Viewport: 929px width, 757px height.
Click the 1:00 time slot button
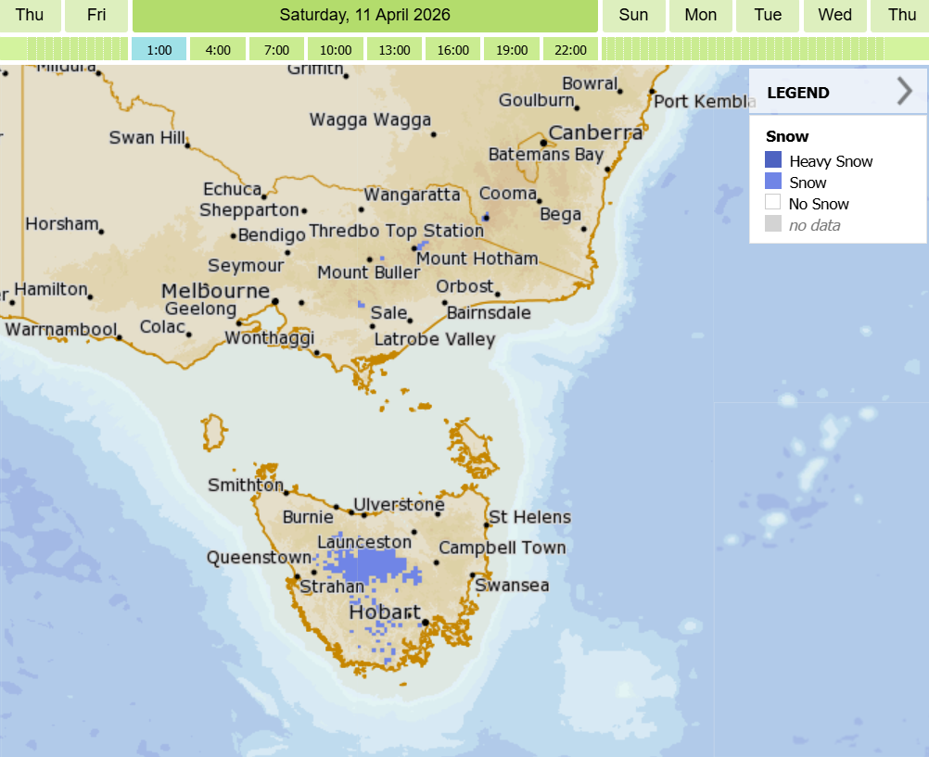pos(159,49)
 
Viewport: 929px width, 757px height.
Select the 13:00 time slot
pos(394,49)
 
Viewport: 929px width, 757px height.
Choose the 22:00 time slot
pos(570,49)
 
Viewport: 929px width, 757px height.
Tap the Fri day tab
pos(96,15)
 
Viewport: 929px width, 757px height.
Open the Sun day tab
pos(633,15)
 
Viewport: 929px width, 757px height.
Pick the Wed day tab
pos(835,15)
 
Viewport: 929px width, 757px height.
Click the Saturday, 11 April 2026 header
pos(364,15)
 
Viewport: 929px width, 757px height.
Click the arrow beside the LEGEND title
pos(905,92)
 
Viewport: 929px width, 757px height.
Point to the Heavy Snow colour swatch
pos(773,160)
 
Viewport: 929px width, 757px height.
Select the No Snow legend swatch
pos(773,203)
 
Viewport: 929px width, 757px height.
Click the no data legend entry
pos(814,225)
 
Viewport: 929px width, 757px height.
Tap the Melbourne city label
pos(215,290)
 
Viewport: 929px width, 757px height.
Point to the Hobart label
pos(384,612)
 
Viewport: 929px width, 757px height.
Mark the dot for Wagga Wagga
pos(434,134)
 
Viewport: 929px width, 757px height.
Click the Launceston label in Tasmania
pos(364,542)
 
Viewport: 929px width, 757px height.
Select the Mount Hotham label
pos(477,259)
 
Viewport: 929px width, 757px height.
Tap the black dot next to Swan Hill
pos(187,145)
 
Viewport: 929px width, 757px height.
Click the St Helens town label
pos(529,517)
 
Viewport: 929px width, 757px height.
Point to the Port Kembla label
pos(705,101)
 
